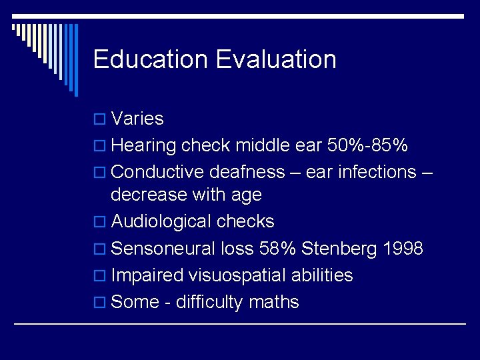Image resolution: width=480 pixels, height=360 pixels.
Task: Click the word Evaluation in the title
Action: (276, 59)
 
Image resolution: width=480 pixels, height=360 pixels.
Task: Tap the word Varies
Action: (137, 119)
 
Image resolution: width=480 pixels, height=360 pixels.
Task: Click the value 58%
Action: (276, 249)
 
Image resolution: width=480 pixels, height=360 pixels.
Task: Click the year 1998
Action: (403, 249)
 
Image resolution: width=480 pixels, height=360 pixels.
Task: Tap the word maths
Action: (273, 302)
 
